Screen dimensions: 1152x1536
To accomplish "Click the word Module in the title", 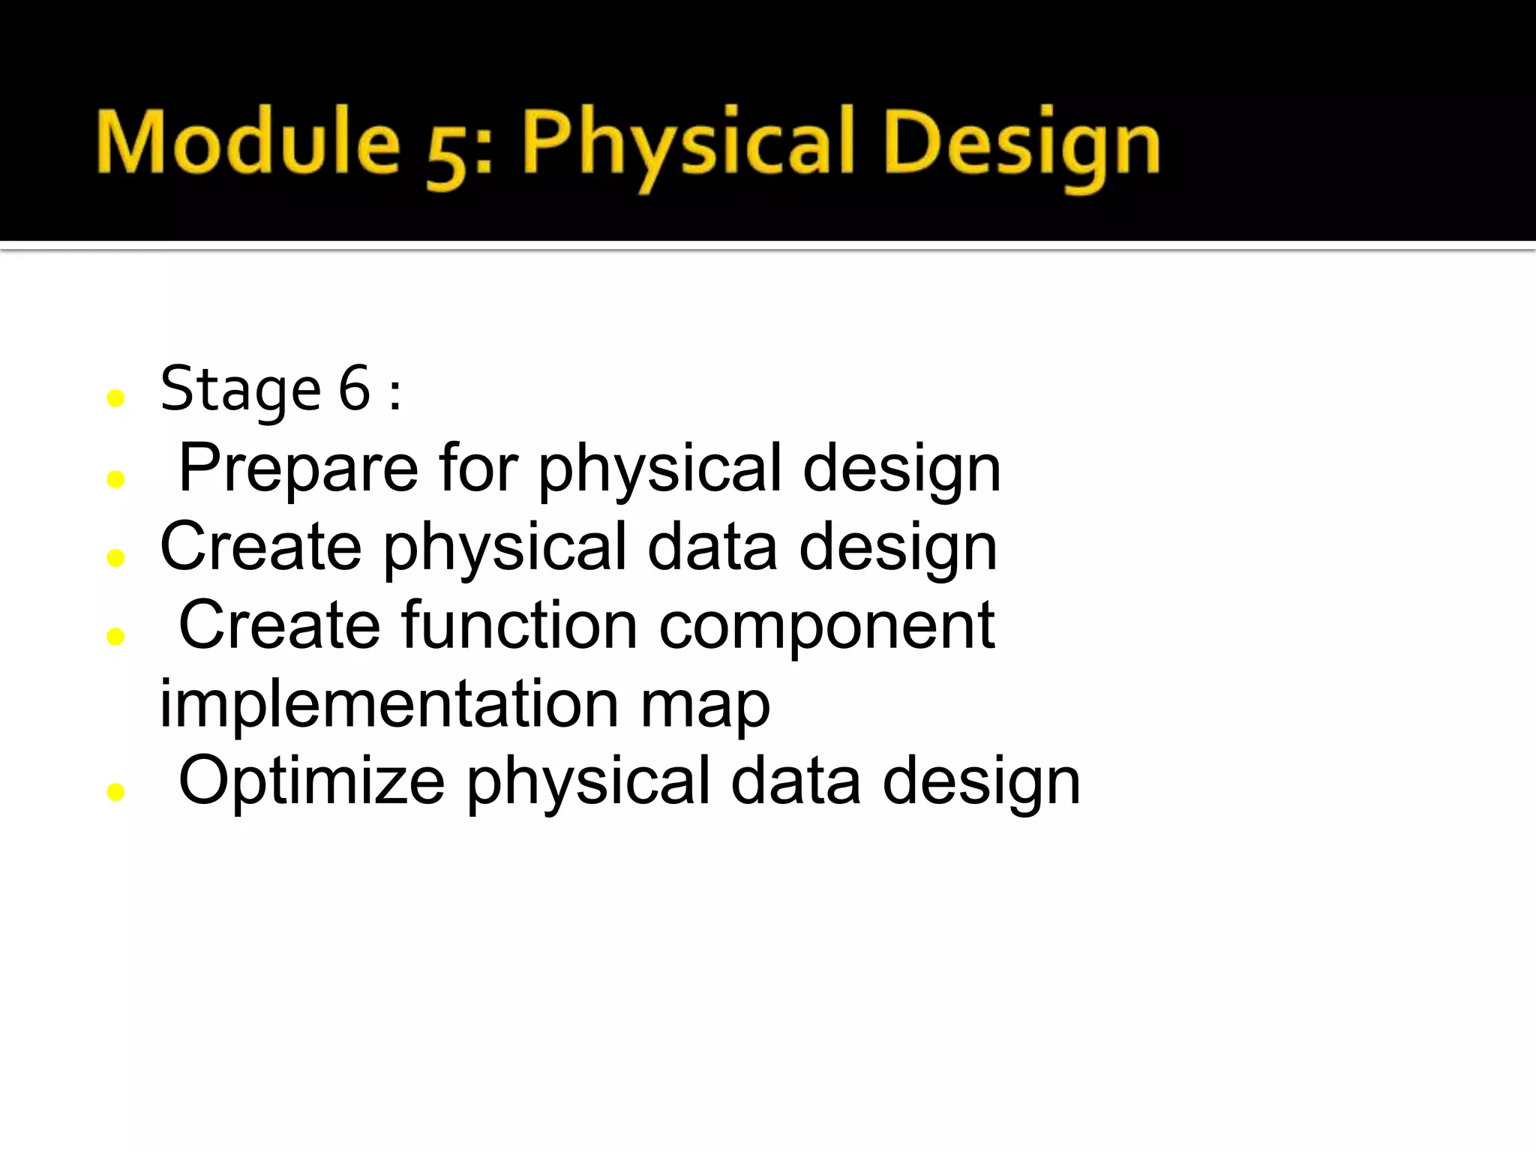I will pyautogui.click(x=247, y=142).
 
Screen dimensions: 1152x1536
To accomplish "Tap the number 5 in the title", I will pyautogui.click(x=448, y=154).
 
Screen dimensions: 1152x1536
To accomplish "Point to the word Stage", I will pyautogui.click(x=241, y=390).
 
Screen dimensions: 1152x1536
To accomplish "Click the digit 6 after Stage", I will pyautogui.click(x=354, y=388).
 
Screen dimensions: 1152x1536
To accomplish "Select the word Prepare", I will pyautogui.click(x=298, y=468).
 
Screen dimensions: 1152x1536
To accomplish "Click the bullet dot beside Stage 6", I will pyautogui.click(x=115, y=398).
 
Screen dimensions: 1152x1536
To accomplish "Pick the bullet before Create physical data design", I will pyautogui.click(x=115, y=557).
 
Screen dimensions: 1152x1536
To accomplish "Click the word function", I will pyautogui.click(x=519, y=625).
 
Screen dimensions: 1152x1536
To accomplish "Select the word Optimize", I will pyautogui.click(x=311, y=782).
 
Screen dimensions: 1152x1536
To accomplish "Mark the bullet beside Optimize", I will pyautogui.click(x=115, y=791).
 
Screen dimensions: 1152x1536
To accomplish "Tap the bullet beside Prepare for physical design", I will pyautogui.click(x=115, y=478).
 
